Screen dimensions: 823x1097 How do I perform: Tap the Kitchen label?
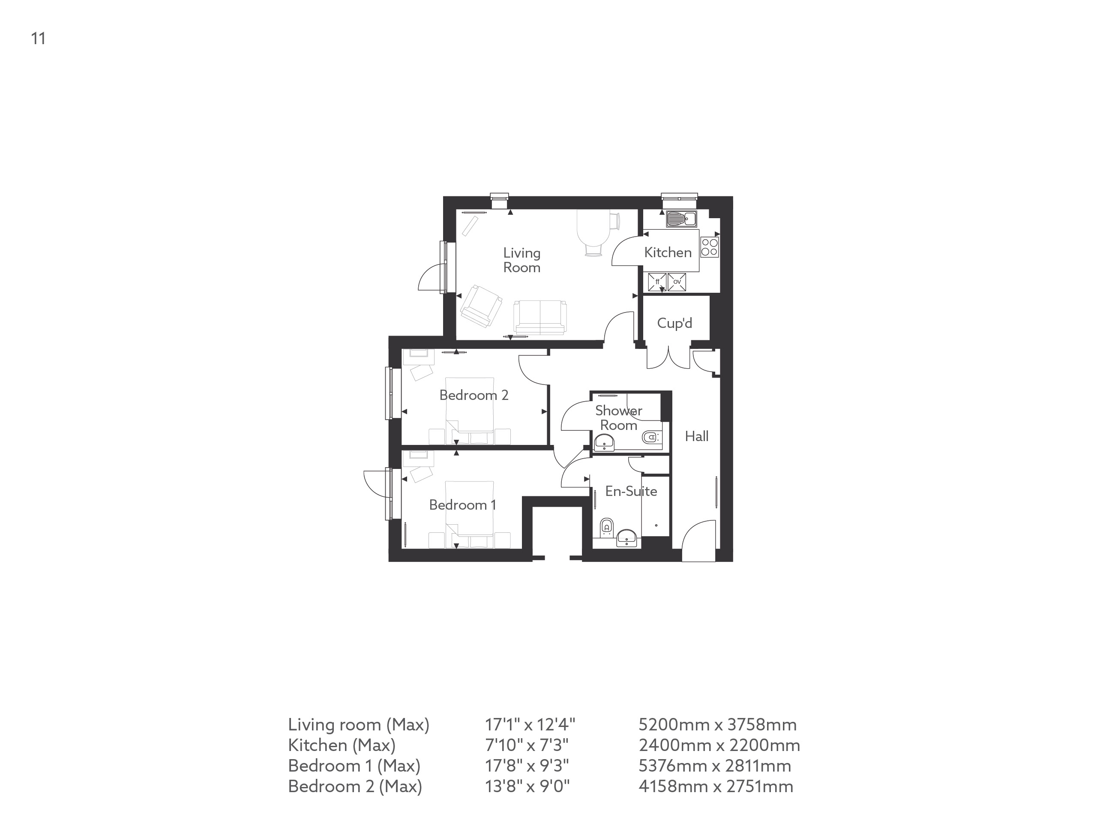click(668, 252)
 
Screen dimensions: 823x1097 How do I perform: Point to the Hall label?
click(696, 436)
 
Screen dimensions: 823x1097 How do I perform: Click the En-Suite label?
click(631, 491)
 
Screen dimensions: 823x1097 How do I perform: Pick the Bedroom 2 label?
click(474, 395)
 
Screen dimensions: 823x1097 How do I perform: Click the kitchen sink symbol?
click(681, 218)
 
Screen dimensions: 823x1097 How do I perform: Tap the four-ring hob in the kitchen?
click(710, 247)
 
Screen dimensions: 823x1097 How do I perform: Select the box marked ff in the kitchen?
click(657, 282)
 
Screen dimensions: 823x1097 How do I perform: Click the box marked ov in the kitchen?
click(677, 281)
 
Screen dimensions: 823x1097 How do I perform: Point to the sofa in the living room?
click(540, 318)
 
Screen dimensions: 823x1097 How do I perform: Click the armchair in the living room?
click(480, 306)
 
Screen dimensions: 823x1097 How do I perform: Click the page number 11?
click(38, 39)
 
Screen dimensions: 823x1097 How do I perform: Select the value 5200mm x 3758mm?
click(717, 725)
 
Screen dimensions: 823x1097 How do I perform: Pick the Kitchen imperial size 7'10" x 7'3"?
click(526, 745)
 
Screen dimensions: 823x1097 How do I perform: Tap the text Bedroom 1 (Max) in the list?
click(354, 766)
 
